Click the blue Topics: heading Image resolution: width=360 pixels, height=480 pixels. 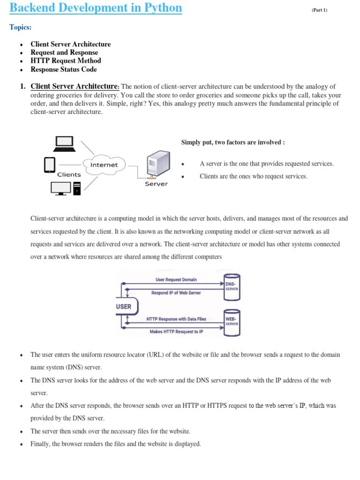click(x=21, y=28)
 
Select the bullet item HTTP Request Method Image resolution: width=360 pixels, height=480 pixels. click(x=66, y=60)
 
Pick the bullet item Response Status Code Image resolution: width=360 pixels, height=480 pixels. click(x=64, y=69)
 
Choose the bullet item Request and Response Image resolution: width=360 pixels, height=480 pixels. click(x=64, y=52)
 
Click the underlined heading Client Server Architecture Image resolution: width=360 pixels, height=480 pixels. click(x=74, y=86)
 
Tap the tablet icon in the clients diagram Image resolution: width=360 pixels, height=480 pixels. click(x=50, y=165)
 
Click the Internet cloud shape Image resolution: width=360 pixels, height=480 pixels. click(x=104, y=165)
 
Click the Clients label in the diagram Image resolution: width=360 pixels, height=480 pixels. click(x=69, y=174)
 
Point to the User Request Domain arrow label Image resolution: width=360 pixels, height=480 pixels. click(x=176, y=279)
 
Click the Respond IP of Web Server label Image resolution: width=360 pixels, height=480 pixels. click(x=176, y=292)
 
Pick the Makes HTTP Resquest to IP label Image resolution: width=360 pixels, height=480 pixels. click(x=176, y=331)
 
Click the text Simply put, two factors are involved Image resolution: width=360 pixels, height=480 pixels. click(x=232, y=142)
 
